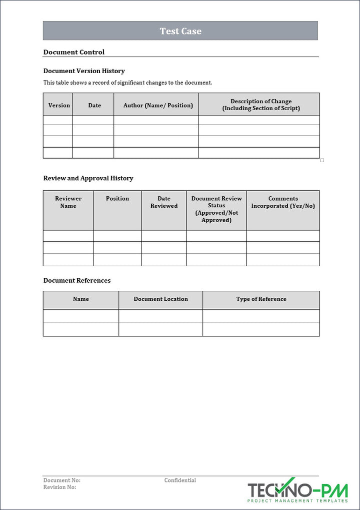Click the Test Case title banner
pyautogui.click(x=180, y=31)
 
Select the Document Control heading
pyautogui.click(x=74, y=52)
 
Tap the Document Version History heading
pyautogui.click(x=84, y=71)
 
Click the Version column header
pyautogui.click(x=59, y=105)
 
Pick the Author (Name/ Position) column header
pyautogui.click(x=158, y=105)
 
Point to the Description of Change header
pyautogui.click(x=261, y=105)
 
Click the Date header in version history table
pyautogui.click(x=94, y=105)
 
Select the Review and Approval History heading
pyautogui.click(x=88, y=178)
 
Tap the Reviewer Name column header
pyautogui.click(x=68, y=202)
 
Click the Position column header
pyautogui.click(x=117, y=199)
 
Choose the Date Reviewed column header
pyautogui.click(x=164, y=202)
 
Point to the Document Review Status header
pyautogui.click(x=216, y=209)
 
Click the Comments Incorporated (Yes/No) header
pyautogui.click(x=283, y=202)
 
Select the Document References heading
pyautogui.click(x=77, y=280)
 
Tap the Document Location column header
pyautogui.click(x=161, y=299)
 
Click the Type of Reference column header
pyautogui.click(x=261, y=299)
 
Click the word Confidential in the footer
pyautogui.click(x=180, y=480)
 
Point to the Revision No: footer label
pyautogui.click(x=60, y=487)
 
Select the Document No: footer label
pyautogui.click(x=62, y=480)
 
